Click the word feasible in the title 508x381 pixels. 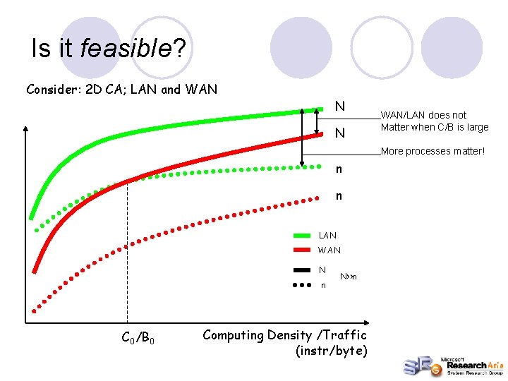point(126,48)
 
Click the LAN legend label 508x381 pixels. point(327,235)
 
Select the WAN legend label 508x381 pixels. point(329,250)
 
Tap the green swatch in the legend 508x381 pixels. point(303,235)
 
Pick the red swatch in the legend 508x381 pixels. point(303,250)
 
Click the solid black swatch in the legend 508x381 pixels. point(303,270)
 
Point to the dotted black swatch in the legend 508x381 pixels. point(303,286)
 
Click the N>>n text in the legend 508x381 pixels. point(349,277)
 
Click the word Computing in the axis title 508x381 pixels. point(234,335)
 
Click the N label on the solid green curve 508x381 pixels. point(339,107)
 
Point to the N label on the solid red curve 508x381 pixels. point(339,133)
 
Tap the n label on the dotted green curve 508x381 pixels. point(339,169)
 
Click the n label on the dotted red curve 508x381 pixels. point(339,196)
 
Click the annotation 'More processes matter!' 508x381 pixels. point(433,151)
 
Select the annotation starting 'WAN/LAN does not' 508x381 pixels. point(434,121)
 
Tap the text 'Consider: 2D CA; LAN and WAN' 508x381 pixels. point(121,90)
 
